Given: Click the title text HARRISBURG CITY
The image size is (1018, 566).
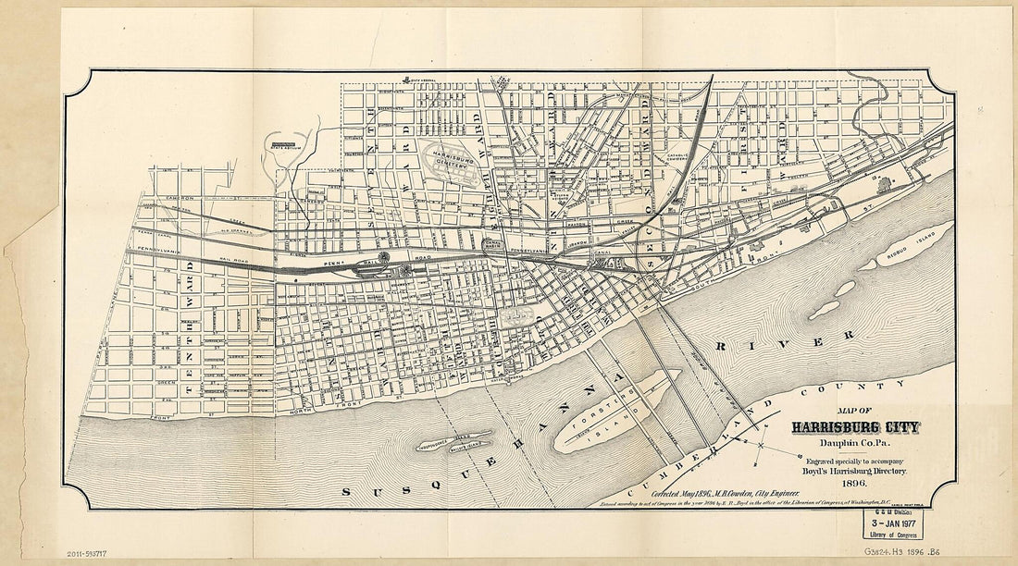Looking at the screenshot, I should [x=854, y=427].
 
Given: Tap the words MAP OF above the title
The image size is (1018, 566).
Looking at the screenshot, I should [x=854, y=412].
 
